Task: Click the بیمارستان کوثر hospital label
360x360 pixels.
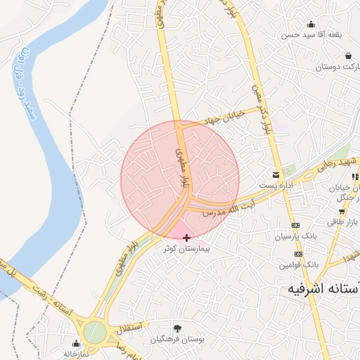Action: coord(186,249)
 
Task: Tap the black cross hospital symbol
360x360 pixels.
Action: coord(186,238)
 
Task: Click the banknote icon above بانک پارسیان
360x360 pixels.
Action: coord(295,225)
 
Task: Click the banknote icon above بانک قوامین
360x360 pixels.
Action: coord(298,254)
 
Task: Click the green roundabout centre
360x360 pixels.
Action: coord(94,332)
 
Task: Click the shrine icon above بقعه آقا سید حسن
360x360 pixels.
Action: coord(311,23)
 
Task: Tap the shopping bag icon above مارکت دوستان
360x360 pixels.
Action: coord(348,56)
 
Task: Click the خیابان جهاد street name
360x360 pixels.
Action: coord(224,117)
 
